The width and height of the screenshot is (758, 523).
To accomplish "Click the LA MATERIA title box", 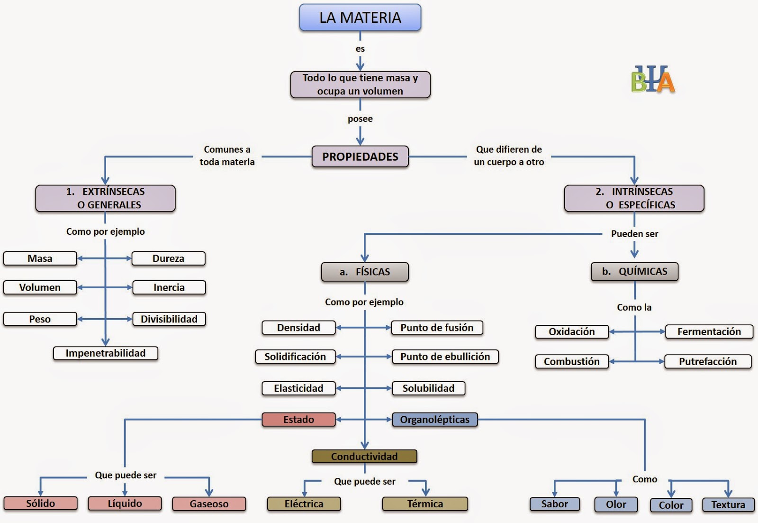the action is tap(360, 17).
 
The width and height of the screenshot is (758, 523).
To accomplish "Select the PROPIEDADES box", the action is tap(360, 156).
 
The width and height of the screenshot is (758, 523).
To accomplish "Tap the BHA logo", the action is tap(653, 79).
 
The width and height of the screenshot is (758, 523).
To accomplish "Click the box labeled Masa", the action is tap(40, 258).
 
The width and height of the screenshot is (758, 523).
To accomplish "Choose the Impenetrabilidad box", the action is tap(106, 353).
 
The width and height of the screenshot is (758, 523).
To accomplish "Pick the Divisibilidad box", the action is tap(169, 319).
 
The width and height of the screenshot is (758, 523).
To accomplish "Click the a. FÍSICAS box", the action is tap(365, 272).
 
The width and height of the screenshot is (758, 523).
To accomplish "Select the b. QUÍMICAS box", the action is tap(634, 271).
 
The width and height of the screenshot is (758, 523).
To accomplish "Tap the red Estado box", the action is tap(298, 419).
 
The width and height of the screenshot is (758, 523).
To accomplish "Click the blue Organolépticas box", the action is tap(435, 419).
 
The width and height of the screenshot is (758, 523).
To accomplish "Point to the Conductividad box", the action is tap(364, 456).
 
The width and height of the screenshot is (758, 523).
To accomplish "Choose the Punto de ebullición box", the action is tap(445, 357).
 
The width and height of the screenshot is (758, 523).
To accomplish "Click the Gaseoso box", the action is tap(209, 504).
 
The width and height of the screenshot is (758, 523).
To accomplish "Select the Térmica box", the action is tap(425, 504).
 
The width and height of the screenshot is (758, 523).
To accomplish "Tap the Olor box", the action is tap(616, 505).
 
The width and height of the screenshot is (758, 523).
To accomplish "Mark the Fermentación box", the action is tap(709, 331).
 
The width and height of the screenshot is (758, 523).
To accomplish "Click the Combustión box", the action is tap(572, 361).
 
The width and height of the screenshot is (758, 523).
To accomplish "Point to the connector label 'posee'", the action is tap(360, 119).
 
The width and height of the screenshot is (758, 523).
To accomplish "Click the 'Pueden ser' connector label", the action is tap(634, 234).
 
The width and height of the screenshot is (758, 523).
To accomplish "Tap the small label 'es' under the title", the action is tap(360, 49).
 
